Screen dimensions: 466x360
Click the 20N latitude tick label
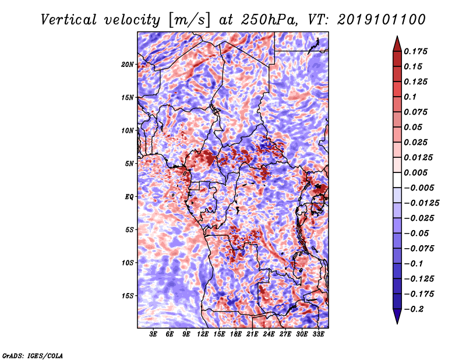tap(128, 65)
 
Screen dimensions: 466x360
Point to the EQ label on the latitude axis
tap(129, 197)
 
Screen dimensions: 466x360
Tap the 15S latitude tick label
tap(128, 296)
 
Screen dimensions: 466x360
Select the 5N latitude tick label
tap(129, 164)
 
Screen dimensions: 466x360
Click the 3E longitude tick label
tap(153, 334)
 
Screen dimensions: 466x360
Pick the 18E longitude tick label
tap(236, 334)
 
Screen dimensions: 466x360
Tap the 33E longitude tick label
tap(318, 334)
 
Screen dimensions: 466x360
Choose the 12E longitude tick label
tap(203, 334)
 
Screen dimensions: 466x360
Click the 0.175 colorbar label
tap(416, 51)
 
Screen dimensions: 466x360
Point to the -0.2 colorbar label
tap(414, 309)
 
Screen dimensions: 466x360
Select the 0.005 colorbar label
tap(416, 172)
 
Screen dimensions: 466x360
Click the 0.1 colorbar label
tap(411, 97)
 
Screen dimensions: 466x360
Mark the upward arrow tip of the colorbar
tap(397, 36)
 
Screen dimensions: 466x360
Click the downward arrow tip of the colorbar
tap(397, 323)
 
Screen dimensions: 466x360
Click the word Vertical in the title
tap(69, 20)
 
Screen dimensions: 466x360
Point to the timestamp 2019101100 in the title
tap(382, 20)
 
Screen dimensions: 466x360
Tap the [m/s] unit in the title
tap(189, 20)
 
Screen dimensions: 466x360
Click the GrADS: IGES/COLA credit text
tap(33, 355)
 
